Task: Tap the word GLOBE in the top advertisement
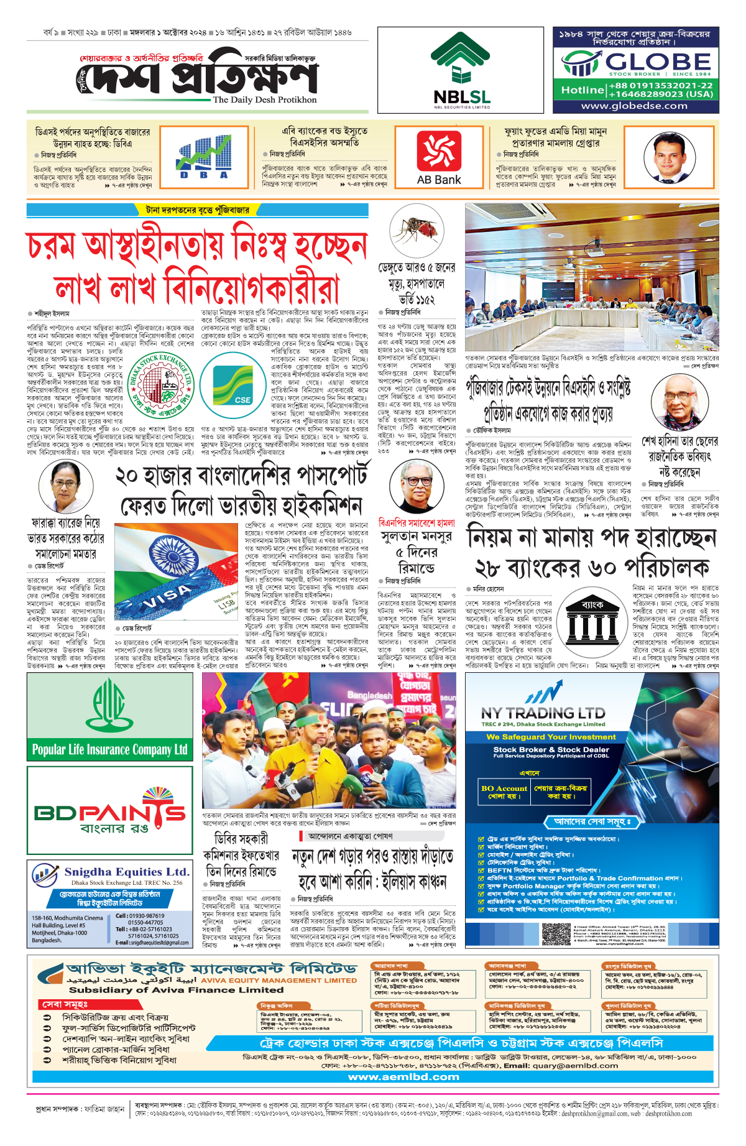pos(658,62)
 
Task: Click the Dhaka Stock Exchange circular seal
pos(161,386)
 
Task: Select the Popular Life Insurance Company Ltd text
pos(110,749)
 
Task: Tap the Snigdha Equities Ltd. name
pos(126,872)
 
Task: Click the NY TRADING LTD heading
pos(543,713)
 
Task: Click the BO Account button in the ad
pos(504,792)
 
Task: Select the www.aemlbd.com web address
pos(403,1076)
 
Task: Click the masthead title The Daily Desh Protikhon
pos(264,99)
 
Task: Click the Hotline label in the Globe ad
pos(582,90)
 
